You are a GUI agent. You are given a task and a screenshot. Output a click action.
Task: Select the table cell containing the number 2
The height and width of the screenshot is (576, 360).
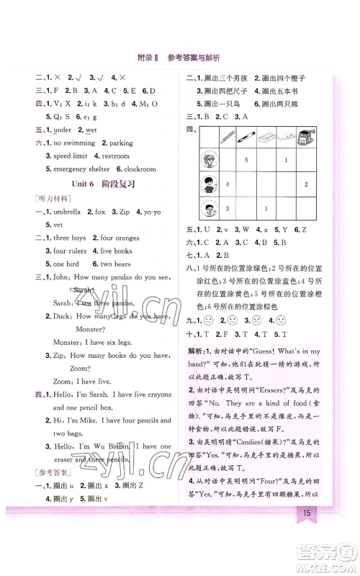(306, 185)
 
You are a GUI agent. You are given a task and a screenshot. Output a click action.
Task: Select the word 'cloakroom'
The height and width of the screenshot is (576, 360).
(140, 169)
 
